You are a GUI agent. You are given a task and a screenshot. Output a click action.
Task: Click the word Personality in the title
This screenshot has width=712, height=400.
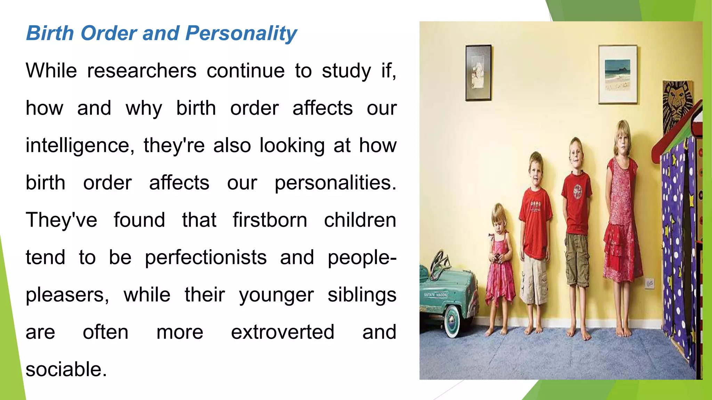coord(241,34)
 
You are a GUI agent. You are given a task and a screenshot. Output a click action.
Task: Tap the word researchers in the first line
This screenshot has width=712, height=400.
coord(141,71)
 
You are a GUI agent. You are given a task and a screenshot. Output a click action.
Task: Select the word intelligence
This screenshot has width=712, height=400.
coord(80,145)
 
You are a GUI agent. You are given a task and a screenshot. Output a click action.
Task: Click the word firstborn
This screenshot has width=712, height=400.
coord(270,220)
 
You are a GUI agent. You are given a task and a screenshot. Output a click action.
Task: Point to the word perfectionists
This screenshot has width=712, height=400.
coord(206,258)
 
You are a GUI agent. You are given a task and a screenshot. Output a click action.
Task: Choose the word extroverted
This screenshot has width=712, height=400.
coord(283,332)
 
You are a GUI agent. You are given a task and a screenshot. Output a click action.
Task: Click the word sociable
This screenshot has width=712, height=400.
coord(66,369)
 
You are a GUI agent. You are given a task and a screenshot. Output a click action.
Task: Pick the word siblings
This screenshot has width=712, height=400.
coord(362,295)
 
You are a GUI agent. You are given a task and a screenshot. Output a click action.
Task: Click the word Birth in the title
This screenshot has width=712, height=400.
coord(50,34)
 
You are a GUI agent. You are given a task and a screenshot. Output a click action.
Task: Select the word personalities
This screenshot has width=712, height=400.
coord(335,183)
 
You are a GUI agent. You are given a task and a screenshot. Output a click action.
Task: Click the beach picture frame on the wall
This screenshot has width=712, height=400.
coord(617,74)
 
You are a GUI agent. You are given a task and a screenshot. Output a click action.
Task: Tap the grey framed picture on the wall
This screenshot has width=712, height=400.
coord(478,73)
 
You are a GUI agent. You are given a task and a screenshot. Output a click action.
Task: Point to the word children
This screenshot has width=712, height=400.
coord(360,220)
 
